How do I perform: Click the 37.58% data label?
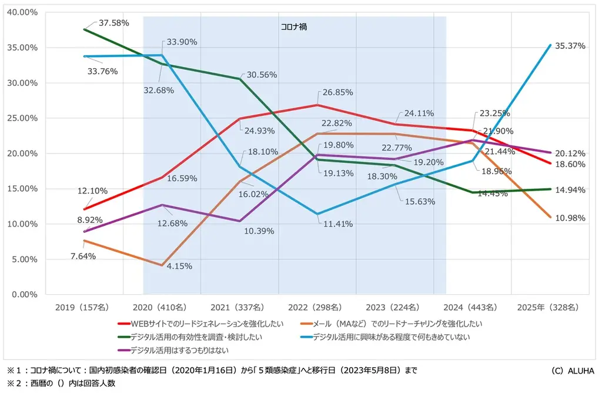113,23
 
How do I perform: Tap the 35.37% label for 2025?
570,46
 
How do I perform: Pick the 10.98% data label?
570,218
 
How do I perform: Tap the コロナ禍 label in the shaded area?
293,26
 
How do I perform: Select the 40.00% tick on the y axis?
22,12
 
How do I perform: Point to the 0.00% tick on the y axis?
24,294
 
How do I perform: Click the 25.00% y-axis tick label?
22,118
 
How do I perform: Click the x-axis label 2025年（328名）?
547,307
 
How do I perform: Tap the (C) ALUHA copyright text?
573,370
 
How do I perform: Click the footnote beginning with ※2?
64,383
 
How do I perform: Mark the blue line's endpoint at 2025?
550,45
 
